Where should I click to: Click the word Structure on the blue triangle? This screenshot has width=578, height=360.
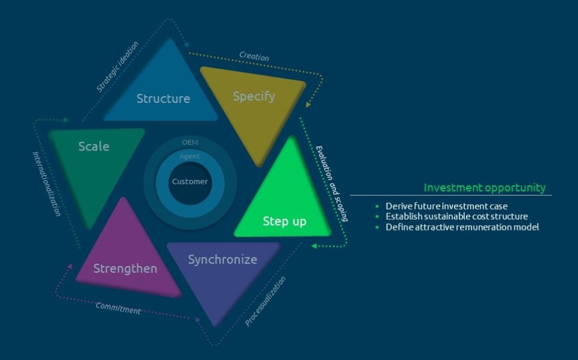point(163,98)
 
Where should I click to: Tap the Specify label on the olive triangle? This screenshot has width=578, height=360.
point(253,96)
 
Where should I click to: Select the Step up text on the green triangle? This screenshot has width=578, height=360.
point(284,222)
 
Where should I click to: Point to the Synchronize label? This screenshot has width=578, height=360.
point(222,259)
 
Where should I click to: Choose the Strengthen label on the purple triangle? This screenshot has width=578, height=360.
point(125,268)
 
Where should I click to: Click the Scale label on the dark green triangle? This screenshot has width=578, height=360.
point(94,146)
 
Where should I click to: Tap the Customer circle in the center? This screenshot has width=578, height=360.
point(190,181)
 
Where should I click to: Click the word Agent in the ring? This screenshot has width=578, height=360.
point(190,157)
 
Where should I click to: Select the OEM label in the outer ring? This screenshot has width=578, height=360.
point(190,142)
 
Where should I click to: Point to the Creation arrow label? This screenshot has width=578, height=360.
point(254,57)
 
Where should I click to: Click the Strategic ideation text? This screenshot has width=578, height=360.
point(117,66)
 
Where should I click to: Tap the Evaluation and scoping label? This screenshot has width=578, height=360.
point(333,183)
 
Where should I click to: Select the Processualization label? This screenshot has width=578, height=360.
point(266,301)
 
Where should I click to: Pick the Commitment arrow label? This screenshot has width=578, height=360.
point(118,308)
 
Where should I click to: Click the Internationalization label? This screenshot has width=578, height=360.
point(46,184)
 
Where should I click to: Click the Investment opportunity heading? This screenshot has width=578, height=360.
point(485,187)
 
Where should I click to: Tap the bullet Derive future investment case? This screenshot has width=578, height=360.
point(447,206)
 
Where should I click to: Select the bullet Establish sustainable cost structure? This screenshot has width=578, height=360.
point(456,216)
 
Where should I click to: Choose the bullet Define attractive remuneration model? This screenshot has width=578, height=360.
point(462,227)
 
